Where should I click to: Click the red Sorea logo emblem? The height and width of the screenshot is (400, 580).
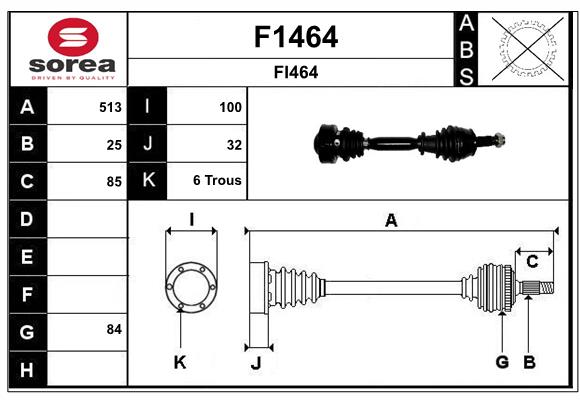[73, 37]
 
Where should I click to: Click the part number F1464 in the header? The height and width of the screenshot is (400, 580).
[296, 37]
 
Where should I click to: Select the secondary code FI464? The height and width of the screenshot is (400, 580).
[296, 72]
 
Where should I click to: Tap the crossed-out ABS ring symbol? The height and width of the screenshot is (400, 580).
[528, 48]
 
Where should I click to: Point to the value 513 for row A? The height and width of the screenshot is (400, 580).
[110, 107]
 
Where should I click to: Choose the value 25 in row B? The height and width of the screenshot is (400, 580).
[114, 145]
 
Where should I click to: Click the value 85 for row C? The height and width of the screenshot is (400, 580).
[114, 182]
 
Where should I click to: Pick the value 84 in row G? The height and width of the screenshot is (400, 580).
[114, 329]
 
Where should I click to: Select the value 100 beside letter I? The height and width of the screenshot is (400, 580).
[230, 107]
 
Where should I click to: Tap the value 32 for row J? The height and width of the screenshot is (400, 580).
[234, 145]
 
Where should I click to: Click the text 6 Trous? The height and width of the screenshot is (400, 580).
[217, 181]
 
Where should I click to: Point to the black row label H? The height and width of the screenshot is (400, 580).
[28, 369]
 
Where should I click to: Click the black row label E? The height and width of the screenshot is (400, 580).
[28, 256]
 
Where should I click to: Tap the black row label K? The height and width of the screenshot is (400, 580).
[148, 181]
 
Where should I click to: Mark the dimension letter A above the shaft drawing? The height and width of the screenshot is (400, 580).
[391, 221]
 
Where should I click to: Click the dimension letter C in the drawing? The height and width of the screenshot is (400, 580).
[532, 262]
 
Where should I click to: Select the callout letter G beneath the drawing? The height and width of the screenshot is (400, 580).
[502, 362]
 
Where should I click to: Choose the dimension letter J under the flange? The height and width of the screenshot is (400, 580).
[256, 363]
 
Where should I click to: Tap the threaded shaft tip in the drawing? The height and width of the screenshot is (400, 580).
[546, 288]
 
